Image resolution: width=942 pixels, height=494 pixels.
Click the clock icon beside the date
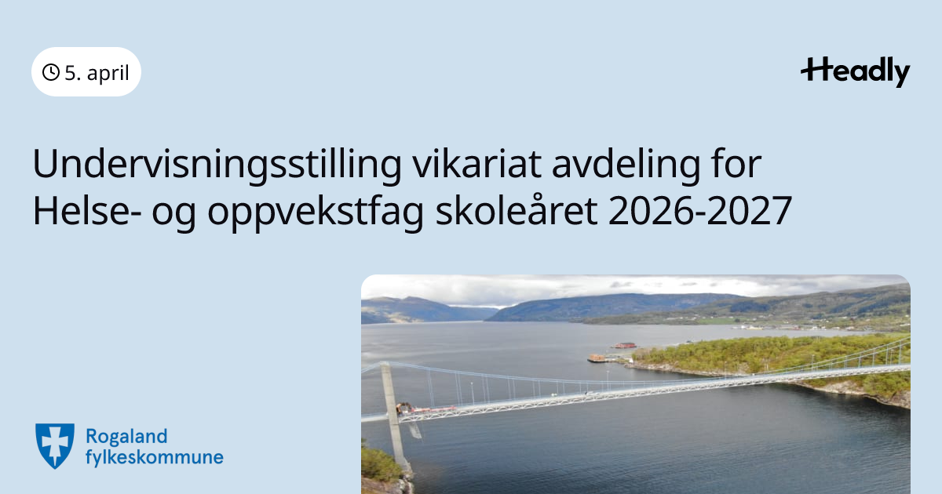tap(51, 72)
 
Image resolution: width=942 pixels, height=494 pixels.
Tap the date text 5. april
tap(97, 73)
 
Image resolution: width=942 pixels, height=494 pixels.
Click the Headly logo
tap(856, 72)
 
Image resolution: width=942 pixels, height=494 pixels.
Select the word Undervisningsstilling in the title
tap(217, 165)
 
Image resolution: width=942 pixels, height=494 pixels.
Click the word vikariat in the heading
tap(476, 163)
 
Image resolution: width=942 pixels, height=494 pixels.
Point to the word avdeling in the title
tap(626, 165)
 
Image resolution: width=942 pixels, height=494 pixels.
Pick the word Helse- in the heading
tap(87, 210)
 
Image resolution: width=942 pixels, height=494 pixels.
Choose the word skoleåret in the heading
tap(517, 210)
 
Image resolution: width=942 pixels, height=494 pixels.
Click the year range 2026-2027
tap(700, 211)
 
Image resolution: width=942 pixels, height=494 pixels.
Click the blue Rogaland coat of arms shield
tap(55, 445)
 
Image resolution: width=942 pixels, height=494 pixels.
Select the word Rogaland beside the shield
tap(126, 437)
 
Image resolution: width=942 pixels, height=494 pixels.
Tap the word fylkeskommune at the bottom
tap(155, 457)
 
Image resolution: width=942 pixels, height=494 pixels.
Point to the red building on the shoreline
tap(625, 345)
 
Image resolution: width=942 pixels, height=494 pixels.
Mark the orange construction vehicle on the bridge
tap(403, 408)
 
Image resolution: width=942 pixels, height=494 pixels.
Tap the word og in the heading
tap(174, 215)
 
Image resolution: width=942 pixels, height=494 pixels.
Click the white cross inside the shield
tap(55, 443)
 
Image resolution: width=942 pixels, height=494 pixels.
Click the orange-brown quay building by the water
tap(597, 358)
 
